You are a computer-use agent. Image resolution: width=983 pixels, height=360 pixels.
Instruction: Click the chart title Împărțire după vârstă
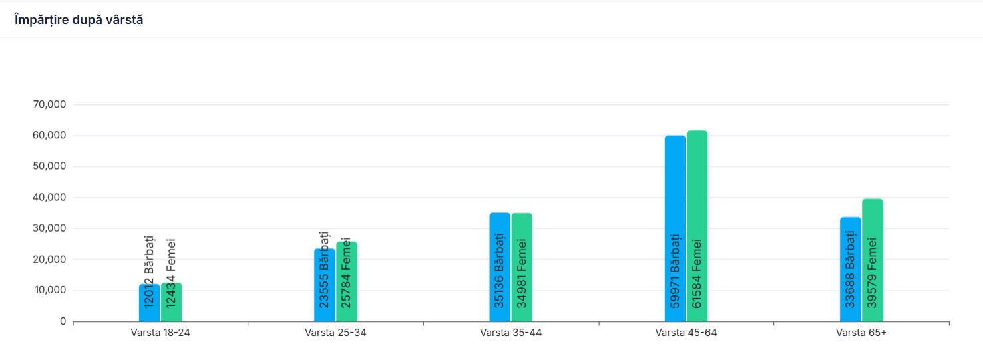point(79,20)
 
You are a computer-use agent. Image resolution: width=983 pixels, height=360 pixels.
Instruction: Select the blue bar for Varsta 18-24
point(149,303)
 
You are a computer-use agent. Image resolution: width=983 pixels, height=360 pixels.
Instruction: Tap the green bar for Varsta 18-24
point(171,303)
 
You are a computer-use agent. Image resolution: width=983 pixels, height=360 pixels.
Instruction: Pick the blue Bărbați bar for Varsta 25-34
point(324,286)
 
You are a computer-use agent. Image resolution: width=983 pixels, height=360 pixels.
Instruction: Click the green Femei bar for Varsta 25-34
point(347,282)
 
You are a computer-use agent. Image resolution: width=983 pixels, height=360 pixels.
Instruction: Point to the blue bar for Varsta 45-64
point(675,229)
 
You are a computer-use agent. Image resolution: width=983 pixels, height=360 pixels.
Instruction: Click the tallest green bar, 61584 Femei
point(697,226)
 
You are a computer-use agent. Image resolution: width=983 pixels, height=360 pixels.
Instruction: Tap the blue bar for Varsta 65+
point(850,270)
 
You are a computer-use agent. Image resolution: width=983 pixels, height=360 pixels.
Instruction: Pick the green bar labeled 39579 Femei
point(872,260)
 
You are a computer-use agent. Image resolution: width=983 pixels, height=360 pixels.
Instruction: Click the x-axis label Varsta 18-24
point(160,333)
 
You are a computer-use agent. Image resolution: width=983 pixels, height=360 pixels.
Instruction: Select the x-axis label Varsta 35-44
point(510,333)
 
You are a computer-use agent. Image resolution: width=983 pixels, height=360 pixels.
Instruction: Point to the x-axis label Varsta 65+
point(861,333)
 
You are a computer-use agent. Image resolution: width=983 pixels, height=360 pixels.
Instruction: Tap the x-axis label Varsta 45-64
point(686,333)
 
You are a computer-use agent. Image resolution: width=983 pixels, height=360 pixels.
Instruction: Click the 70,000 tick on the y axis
point(49,104)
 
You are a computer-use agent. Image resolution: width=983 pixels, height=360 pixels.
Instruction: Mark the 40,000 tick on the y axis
point(49,198)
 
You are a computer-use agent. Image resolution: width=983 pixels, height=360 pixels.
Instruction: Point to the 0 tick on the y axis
point(63,321)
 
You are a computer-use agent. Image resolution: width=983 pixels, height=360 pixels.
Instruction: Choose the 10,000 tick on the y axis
point(49,290)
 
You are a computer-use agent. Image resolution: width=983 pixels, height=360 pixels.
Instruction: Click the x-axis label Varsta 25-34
point(335,333)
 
